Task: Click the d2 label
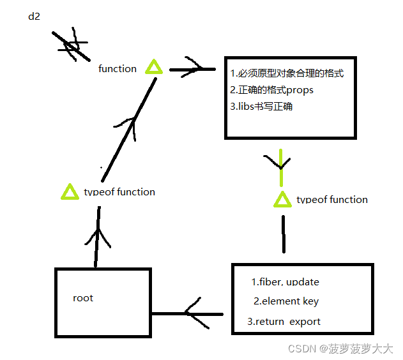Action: click(x=34, y=16)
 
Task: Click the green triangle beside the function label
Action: click(x=154, y=67)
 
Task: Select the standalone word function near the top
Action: click(x=118, y=68)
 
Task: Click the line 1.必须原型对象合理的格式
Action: click(x=287, y=73)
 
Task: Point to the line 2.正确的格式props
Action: click(x=271, y=90)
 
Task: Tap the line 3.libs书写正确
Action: click(x=261, y=107)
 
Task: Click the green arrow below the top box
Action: click(x=280, y=163)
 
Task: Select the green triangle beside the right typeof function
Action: click(x=282, y=200)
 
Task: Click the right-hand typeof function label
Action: click(x=332, y=200)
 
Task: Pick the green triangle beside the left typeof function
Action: click(x=68, y=191)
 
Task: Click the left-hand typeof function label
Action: click(x=119, y=191)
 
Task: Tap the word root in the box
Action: click(x=83, y=298)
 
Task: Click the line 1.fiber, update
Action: click(x=285, y=282)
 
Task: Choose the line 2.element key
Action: click(x=286, y=301)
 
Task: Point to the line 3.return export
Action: click(x=284, y=322)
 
